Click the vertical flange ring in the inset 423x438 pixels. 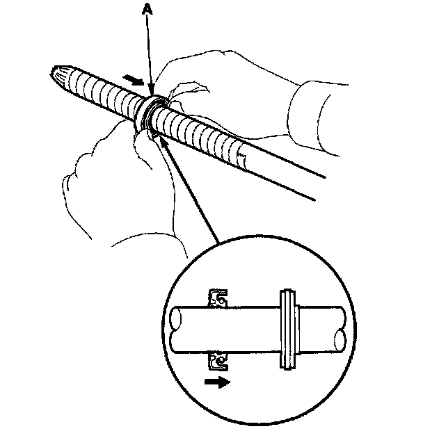point(287,330)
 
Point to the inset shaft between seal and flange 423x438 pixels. point(254,331)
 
